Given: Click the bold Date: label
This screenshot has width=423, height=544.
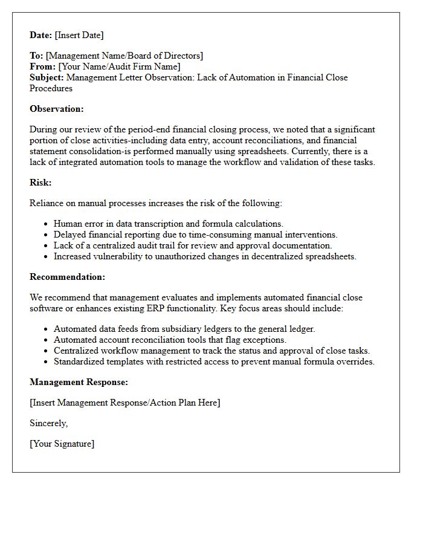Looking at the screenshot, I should pyautogui.click(x=41, y=35).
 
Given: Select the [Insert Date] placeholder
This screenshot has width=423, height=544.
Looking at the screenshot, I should pyautogui.click(x=79, y=35).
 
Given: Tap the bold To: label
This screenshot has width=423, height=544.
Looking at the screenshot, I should pyautogui.click(x=36, y=56).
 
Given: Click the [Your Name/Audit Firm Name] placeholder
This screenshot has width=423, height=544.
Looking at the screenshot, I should pyautogui.click(x=119, y=66).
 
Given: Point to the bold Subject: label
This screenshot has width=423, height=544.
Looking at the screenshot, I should pyautogui.click(x=47, y=77).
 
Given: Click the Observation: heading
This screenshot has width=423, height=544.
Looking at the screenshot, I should pyautogui.click(x=57, y=109).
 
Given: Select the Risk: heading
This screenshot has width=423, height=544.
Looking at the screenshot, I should pyautogui.click(x=40, y=183).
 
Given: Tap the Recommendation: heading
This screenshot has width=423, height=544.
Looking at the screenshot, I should pyautogui.click(x=67, y=277).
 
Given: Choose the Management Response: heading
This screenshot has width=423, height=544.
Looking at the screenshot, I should pyautogui.click(x=79, y=382).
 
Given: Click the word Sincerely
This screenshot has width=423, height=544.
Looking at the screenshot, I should pyautogui.click(x=48, y=423).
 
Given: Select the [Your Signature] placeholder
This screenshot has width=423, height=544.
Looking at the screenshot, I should pyautogui.click(x=62, y=444).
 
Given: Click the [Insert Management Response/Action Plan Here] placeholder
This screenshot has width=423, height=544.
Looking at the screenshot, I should pyautogui.click(x=124, y=403).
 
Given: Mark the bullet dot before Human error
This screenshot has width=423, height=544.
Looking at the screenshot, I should pyautogui.click(x=47, y=224).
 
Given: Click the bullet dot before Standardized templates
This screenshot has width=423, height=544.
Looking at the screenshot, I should pyautogui.click(x=47, y=362).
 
